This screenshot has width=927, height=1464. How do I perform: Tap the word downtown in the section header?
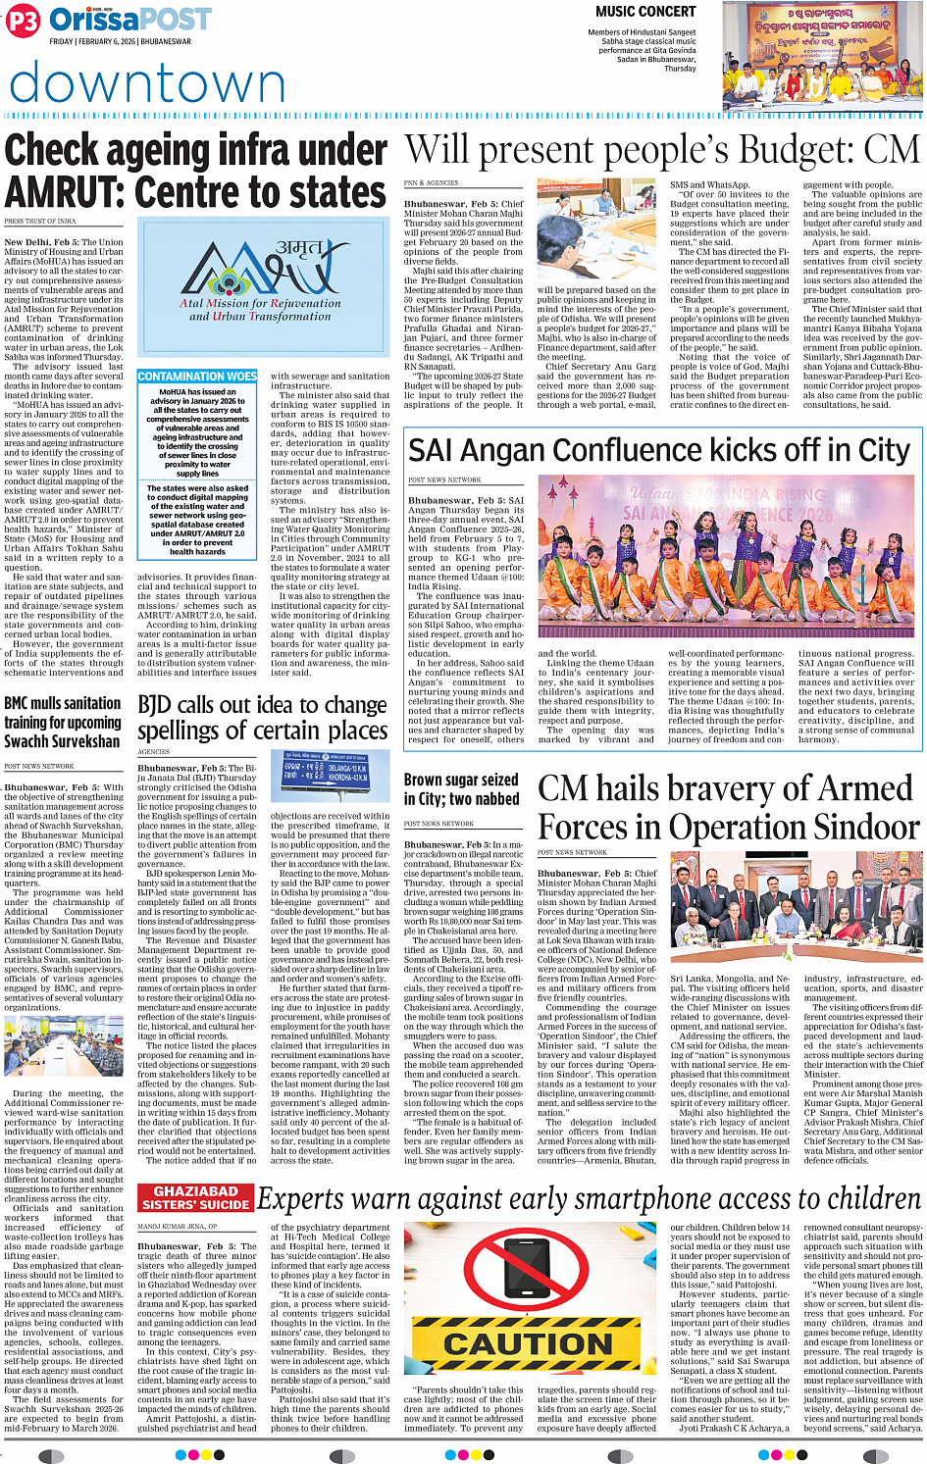(147, 84)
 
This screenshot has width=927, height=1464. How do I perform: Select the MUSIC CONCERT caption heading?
(645, 12)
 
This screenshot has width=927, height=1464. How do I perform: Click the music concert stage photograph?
(822, 56)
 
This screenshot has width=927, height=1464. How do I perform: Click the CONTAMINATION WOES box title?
(197, 377)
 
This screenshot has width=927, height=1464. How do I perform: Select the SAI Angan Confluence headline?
(659, 450)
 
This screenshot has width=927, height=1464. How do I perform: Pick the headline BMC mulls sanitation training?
(63, 723)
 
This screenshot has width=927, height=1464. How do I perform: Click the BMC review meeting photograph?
(64, 1047)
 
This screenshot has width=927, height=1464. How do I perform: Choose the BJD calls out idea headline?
(262, 718)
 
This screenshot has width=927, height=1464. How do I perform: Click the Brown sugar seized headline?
(461, 789)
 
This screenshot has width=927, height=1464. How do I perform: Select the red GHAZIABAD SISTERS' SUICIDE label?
(195, 1197)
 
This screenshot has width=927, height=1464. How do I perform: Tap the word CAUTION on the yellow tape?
(528, 1343)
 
